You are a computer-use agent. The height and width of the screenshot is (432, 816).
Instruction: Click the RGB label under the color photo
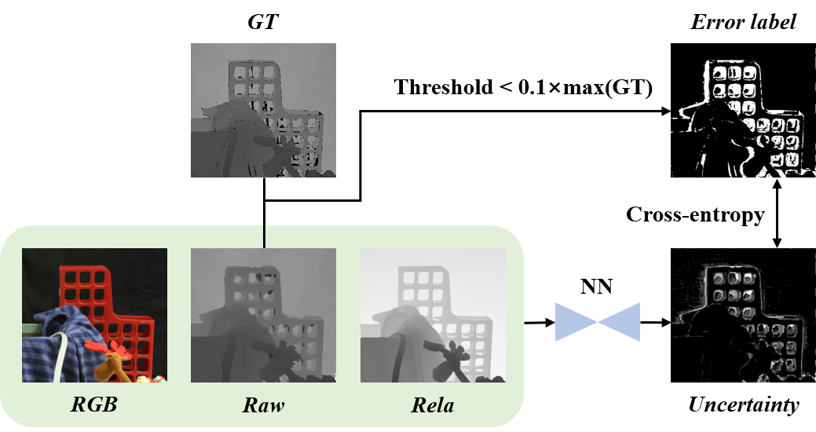[x=94, y=405]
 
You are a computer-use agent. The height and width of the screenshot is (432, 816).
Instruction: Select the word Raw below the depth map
[x=263, y=405]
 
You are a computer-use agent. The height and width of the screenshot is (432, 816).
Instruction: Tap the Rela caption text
[x=432, y=405]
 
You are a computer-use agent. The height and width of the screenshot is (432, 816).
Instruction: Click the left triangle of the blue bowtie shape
[x=573, y=322]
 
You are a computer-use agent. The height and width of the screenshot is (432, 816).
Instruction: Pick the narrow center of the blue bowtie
[x=598, y=322]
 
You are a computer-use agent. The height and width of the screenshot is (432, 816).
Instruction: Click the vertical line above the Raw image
[x=264, y=236]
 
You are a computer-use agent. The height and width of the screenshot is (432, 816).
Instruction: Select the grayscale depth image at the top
[x=263, y=110]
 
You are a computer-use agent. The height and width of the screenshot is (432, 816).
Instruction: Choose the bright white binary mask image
[x=742, y=118]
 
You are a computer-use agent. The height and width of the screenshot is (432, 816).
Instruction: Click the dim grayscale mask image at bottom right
[x=742, y=316]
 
